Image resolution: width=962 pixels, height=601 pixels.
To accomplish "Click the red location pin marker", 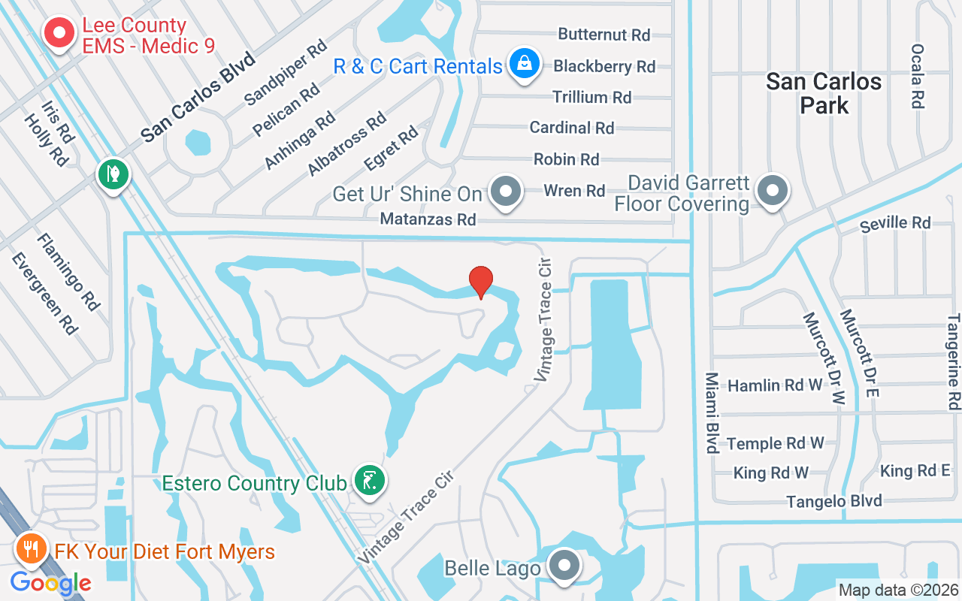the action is (x=481, y=282).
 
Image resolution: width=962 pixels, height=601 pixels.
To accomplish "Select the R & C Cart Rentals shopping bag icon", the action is (x=524, y=65).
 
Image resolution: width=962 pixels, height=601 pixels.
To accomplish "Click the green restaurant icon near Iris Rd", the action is (x=113, y=175).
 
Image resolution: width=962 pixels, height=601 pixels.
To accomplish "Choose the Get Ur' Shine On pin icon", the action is (x=506, y=192).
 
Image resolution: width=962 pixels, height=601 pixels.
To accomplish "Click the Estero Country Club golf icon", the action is (x=369, y=480).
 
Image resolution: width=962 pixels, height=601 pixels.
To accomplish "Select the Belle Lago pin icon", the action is (x=564, y=566).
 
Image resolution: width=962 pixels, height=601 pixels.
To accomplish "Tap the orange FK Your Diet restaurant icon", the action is (x=31, y=549).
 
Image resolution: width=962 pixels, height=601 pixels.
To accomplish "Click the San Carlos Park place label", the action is (x=824, y=93).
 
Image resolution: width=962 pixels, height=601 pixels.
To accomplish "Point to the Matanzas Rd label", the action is (x=428, y=219).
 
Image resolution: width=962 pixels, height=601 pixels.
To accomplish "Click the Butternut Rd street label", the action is (x=604, y=35).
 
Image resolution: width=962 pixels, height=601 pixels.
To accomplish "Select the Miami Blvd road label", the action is (x=711, y=412).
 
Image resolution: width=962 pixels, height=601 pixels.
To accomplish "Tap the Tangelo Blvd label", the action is (x=834, y=501).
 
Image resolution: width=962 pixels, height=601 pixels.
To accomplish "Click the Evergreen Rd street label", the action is (x=44, y=293).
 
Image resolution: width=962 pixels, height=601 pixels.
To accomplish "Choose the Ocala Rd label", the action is (x=916, y=76).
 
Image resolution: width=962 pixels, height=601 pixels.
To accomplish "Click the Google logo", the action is (x=51, y=582).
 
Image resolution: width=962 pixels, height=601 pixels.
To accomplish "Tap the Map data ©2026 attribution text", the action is (x=899, y=590).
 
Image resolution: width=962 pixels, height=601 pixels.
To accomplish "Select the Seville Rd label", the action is (x=895, y=223).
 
